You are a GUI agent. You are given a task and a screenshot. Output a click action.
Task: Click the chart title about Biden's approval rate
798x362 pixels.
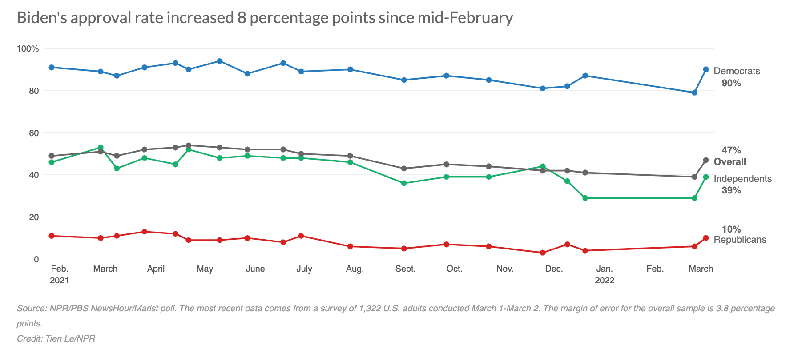tap(265, 18)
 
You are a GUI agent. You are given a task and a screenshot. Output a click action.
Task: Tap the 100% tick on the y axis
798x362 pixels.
tap(28, 48)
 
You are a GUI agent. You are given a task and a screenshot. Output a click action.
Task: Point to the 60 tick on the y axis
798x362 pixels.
tap(34, 133)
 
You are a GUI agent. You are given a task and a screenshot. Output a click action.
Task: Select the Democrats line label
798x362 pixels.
tap(737, 71)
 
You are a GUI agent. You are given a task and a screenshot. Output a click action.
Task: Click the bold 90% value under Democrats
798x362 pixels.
tap(731, 83)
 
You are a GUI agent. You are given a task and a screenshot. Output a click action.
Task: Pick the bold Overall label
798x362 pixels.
tap(729, 162)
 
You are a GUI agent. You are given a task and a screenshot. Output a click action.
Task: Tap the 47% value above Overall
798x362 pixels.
tap(731, 150)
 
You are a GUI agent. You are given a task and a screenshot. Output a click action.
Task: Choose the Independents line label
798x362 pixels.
tap(742, 179)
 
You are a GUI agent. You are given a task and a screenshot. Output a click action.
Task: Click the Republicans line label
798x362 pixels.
tap(740, 240)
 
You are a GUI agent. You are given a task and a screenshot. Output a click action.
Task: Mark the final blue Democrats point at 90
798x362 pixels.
tap(706, 69)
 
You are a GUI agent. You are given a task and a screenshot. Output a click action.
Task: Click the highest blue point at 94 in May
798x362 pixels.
tap(219, 61)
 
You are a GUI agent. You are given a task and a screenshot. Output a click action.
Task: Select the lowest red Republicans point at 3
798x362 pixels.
tap(543, 253)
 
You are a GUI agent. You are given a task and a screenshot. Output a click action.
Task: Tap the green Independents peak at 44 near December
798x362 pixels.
tap(543, 166)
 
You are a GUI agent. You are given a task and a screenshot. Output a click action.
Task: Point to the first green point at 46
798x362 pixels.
tap(52, 162)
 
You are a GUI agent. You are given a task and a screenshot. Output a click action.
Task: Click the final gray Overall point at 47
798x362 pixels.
tap(706, 160)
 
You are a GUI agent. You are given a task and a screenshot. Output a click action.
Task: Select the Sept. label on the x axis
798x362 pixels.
tap(405, 269)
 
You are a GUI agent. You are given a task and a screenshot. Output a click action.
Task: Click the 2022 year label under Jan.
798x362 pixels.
tap(605, 280)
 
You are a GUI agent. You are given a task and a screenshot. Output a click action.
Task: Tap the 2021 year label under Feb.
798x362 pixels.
tap(59, 280)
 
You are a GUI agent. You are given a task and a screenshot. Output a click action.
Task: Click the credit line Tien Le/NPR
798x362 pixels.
tap(56, 338)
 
